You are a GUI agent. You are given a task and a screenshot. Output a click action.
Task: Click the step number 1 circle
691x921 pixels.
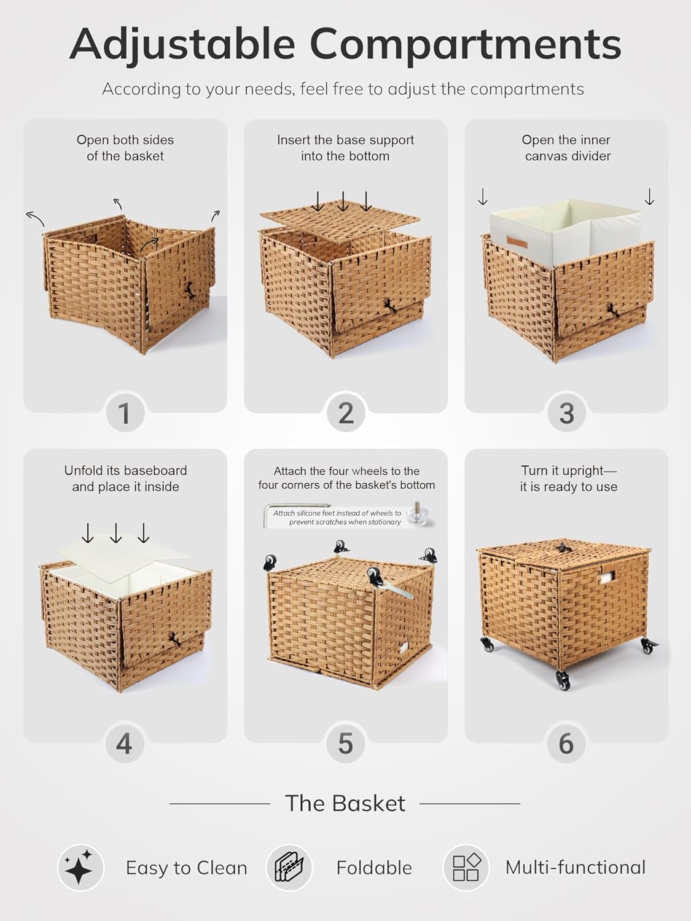[x=125, y=413]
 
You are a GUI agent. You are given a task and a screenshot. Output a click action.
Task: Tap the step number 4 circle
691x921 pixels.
[x=125, y=744]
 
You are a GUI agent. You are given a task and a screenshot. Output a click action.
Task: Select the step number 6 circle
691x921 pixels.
[x=566, y=744]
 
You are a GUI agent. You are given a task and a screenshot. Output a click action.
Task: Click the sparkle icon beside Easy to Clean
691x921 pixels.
[x=80, y=868]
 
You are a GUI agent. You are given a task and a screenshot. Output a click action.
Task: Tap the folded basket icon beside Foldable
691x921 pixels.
[x=289, y=868]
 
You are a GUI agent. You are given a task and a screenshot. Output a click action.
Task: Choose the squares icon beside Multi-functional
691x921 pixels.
[x=466, y=868]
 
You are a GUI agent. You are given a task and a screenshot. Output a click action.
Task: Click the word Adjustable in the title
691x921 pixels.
[x=182, y=44]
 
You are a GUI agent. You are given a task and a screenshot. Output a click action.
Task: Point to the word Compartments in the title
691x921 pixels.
[x=465, y=44]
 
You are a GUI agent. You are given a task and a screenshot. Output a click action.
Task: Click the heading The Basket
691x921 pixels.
[x=345, y=803]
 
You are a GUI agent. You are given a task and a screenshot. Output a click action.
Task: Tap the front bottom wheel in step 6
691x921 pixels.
[x=563, y=681]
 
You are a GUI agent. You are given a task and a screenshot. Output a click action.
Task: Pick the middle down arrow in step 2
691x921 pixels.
[x=342, y=201]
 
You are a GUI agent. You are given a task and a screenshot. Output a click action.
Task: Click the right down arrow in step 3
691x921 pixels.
[x=649, y=196]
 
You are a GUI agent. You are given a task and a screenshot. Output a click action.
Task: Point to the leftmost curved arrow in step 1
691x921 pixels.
[x=34, y=217]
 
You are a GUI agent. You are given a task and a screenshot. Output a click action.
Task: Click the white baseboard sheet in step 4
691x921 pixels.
[x=123, y=556]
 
